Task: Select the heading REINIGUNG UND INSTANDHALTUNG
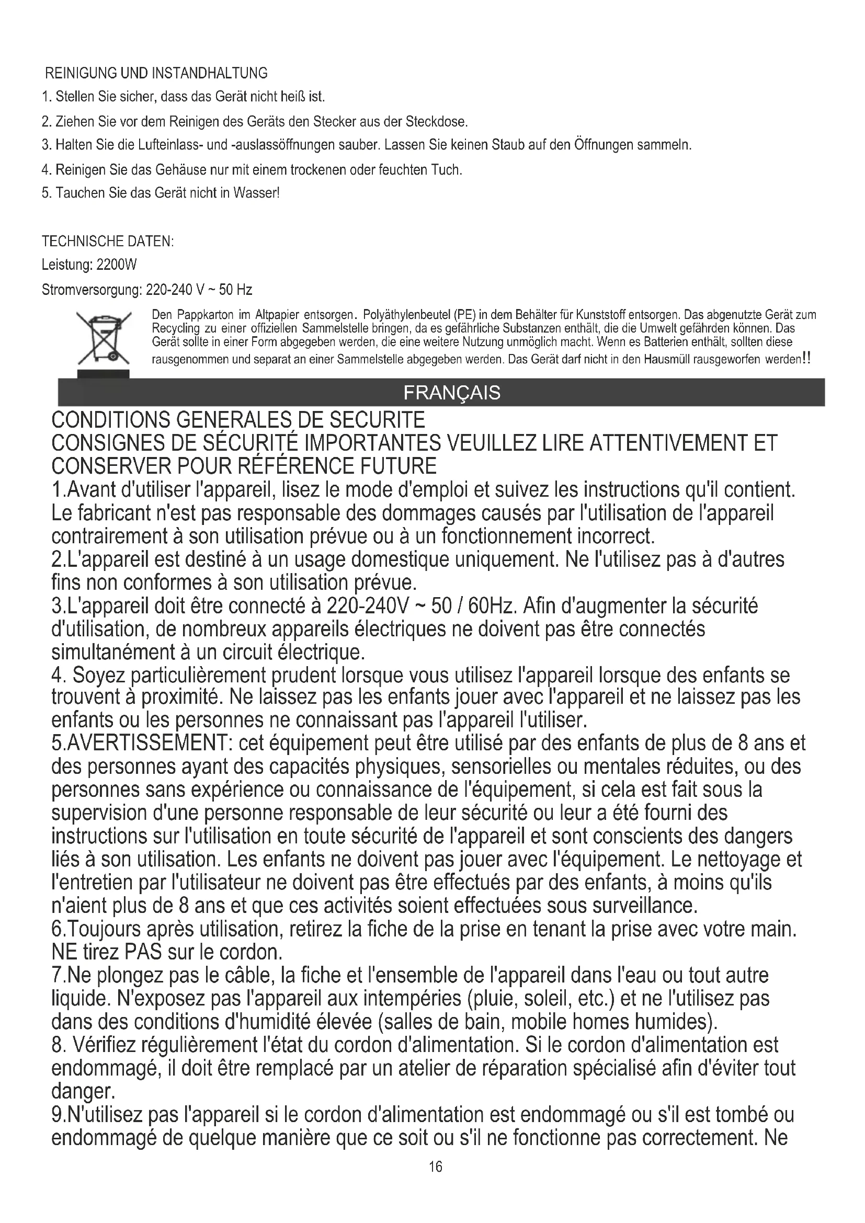tap(156, 73)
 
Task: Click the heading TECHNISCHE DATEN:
tap(108, 241)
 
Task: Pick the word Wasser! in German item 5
tap(261, 193)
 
